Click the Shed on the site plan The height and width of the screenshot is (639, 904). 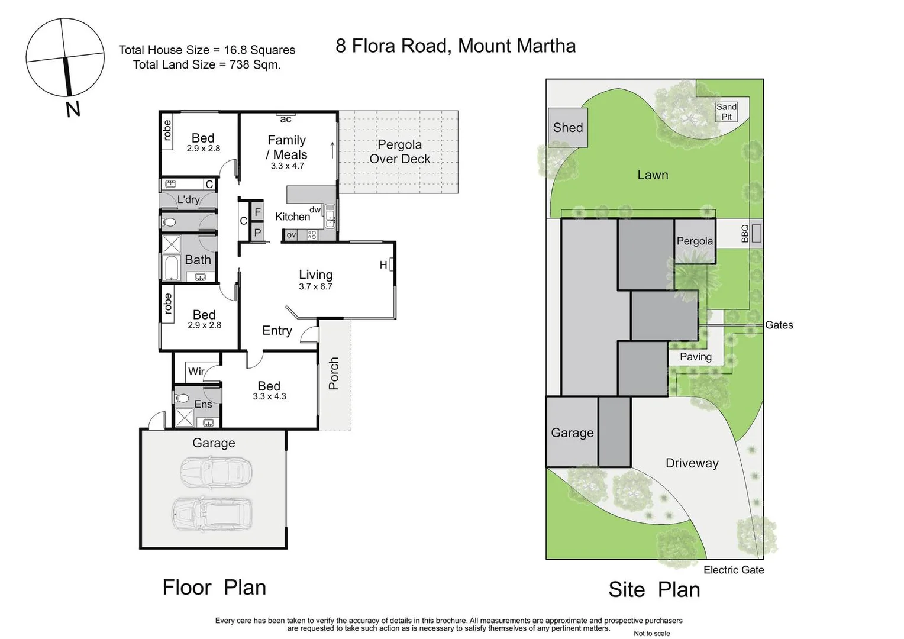(567, 127)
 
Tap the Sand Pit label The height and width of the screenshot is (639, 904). (726, 112)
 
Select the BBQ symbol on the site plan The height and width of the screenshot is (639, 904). (756, 234)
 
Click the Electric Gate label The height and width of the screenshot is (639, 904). (733, 570)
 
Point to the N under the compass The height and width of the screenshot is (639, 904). (73, 109)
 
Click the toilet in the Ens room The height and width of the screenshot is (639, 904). (182, 398)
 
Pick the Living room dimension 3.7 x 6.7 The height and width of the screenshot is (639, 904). (315, 286)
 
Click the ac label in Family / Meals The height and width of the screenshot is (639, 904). (286, 119)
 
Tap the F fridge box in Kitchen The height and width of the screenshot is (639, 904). (257, 212)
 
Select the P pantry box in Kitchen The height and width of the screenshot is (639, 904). (257, 233)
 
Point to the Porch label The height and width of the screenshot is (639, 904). (334, 373)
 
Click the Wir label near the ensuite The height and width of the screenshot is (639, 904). (196, 372)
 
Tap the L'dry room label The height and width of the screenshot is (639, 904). (188, 200)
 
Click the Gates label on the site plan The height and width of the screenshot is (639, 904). (779, 325)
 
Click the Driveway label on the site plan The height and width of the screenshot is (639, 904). (692, 463)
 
